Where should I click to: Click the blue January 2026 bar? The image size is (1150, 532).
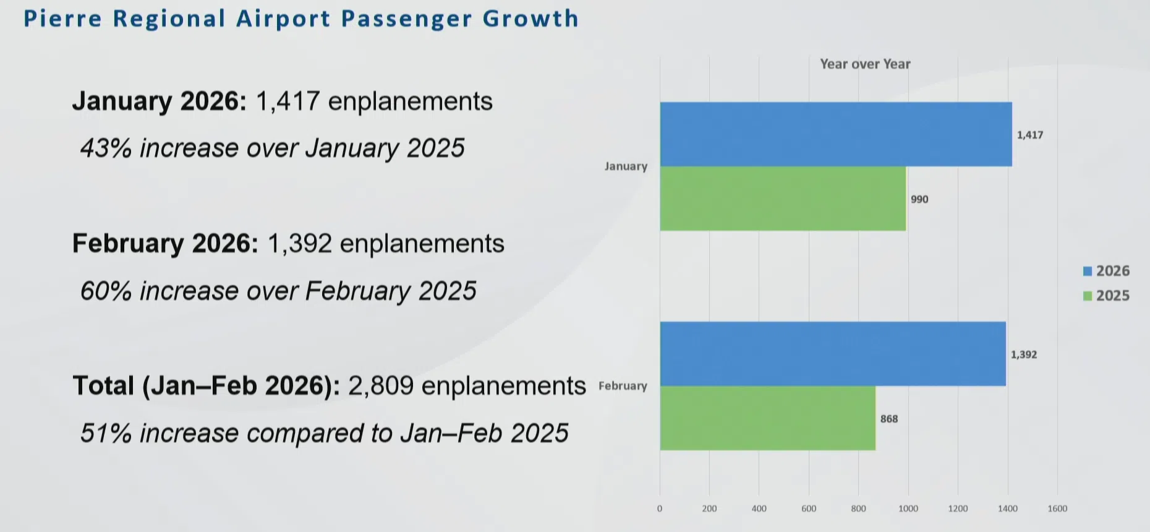click(x=835, y=134)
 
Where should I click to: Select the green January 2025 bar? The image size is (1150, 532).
click(x=782, y=199)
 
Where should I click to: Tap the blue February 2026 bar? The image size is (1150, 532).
click(x=832, y=354)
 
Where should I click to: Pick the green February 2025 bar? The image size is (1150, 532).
click(x=767, y=418)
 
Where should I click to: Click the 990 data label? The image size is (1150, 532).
click(x=919, y=199)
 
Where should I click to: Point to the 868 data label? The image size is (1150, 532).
click(x=889, y=419)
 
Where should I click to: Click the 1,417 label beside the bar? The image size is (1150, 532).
click(x=1030, y=135)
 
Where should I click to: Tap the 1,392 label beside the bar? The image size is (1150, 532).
click(x=1024, y=354)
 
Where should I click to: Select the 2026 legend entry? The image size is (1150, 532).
click(x=1106, y=271)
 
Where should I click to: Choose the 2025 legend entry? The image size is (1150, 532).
click(x=1106, y=296)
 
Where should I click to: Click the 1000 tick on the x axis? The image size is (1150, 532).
click(x=908, y=508)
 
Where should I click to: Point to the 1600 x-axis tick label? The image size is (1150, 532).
click(x=1057, y=508)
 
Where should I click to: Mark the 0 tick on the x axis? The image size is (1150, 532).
click(x=660, y=508)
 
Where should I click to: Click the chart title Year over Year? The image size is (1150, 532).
click(x=865, y=64)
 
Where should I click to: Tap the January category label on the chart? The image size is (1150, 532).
click(x=626, y=166)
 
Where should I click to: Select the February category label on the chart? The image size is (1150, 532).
click(x=623, y=386)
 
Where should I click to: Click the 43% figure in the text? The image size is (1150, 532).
click(x=106, y=148)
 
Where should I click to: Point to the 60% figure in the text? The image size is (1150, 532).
click(x=106, y=291)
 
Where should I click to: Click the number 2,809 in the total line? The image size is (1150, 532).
click(x=381, y=386)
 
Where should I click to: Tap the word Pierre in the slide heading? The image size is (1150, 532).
click(x=62, y=19)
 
